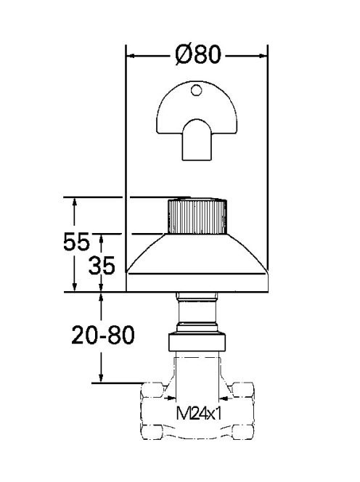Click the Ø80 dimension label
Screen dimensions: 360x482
pyautogui.click(x=198, y=54)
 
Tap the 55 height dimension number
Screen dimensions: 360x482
pyautogui.click(x=76, y=241)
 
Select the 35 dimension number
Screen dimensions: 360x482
pyautogui.click(x=102, y=265)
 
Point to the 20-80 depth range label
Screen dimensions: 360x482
pyautogui.click(x=103, y=335)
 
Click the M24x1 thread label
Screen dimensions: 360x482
pyautogui.click(x=199, y=413)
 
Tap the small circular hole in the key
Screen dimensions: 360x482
pyautogui.click(x=196, y=90)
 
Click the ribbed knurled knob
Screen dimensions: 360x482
pyautogui.click(x=197, y=216)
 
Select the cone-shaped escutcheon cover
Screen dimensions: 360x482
pyautogui.click(x=197, y=253)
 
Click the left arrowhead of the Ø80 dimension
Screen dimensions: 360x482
pyautogui.click(x=131, y=56)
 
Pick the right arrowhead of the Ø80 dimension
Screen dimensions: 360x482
pyautogui.click(x=263, y=56)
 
